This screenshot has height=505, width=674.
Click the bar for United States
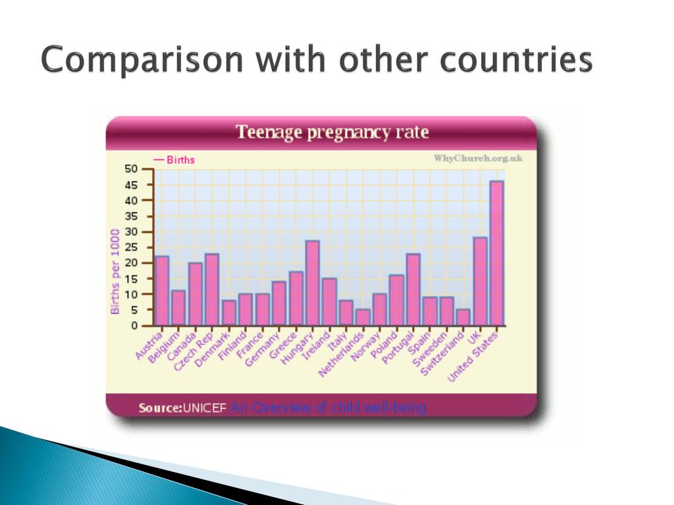point(497,254)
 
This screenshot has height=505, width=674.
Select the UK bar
point(480,281)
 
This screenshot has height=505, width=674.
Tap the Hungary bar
point(313,283)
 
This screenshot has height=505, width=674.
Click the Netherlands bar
point(363,318)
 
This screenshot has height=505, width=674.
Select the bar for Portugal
point(413,289)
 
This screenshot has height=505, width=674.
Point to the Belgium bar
point(178,308)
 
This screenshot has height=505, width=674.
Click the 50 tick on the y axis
point(133,169)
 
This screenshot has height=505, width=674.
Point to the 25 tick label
point(133,247)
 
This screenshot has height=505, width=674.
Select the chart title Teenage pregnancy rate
point(332,133)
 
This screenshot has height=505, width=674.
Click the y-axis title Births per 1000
point(115,271)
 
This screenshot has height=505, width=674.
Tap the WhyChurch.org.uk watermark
point(478,158)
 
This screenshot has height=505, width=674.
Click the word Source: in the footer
point(160,408)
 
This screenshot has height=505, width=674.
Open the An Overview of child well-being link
point(328,408)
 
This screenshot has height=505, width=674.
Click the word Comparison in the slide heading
point(144,61)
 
